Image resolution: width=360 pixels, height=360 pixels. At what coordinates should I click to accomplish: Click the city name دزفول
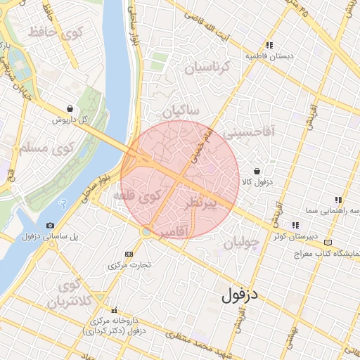(240, 295)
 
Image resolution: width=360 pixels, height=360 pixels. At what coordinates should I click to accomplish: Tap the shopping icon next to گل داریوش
(70, 108)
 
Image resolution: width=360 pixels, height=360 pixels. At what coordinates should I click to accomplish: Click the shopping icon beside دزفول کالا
(257, 171)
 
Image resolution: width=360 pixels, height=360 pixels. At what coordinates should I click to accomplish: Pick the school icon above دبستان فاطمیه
(269, 45)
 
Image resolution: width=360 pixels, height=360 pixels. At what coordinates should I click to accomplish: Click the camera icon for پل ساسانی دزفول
(49, 225)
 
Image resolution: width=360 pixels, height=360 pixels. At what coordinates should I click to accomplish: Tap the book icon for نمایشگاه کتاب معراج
(328, 242)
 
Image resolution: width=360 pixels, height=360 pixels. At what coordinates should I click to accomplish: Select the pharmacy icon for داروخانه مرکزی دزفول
(115, 310)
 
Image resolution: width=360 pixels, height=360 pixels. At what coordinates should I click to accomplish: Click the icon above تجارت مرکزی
(129, 253)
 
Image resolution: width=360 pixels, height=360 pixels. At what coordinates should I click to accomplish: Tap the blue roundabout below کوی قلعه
(146, 231)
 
